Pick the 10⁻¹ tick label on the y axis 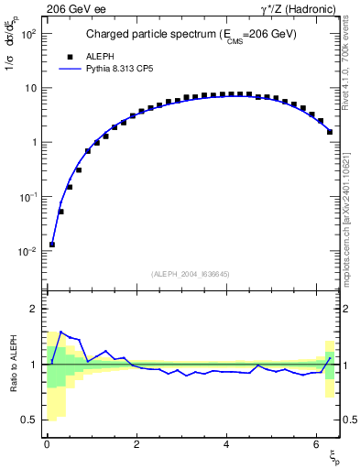29,197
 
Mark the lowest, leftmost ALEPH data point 52,245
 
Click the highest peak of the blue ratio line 60,332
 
